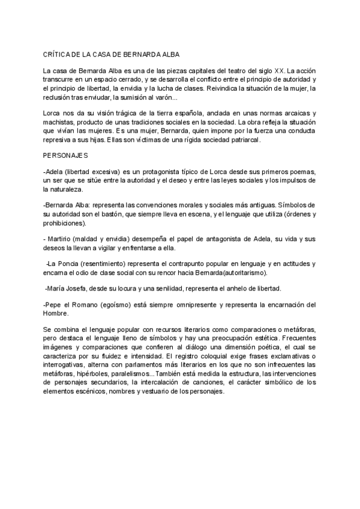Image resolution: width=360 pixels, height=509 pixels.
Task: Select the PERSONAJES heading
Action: click(65, 155)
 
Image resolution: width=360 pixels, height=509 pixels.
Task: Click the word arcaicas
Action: click(301, 113)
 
